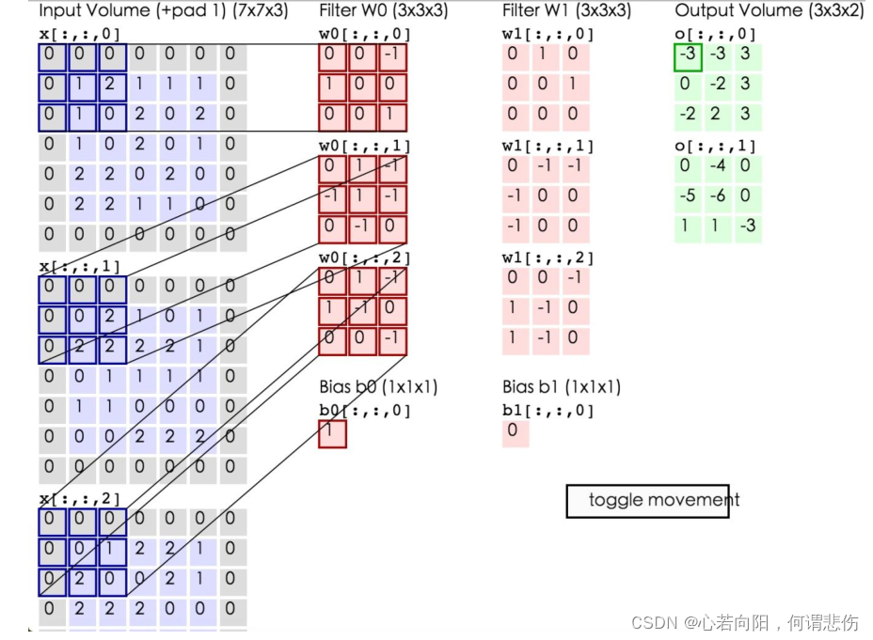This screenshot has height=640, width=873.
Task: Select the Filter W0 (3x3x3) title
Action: (x=382, y=11)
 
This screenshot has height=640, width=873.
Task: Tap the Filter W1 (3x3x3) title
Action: (x=566, y=11)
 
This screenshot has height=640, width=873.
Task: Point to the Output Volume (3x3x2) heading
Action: (x=769, y=11)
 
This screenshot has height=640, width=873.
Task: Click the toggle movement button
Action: (x=649, y=500)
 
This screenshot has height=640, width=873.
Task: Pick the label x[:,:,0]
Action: (x=79, y=35)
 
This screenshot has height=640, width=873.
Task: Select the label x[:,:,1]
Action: (x=79, y=266)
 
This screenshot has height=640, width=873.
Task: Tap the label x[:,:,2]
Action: (x=79, y=498)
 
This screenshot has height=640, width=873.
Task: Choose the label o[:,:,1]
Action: (x=716, y=147)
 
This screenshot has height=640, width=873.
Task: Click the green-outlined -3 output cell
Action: (x=688, y=55)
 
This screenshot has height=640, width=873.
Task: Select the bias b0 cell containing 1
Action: (x=332, y=433)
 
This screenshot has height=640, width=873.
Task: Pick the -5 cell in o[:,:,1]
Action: (x=687, y=197)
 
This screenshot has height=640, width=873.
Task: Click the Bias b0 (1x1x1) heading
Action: (x=378, y=387)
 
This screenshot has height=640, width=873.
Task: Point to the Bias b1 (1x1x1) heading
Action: (x=562, y=387)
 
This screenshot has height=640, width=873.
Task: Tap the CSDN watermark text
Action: (x=744, y=622)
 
